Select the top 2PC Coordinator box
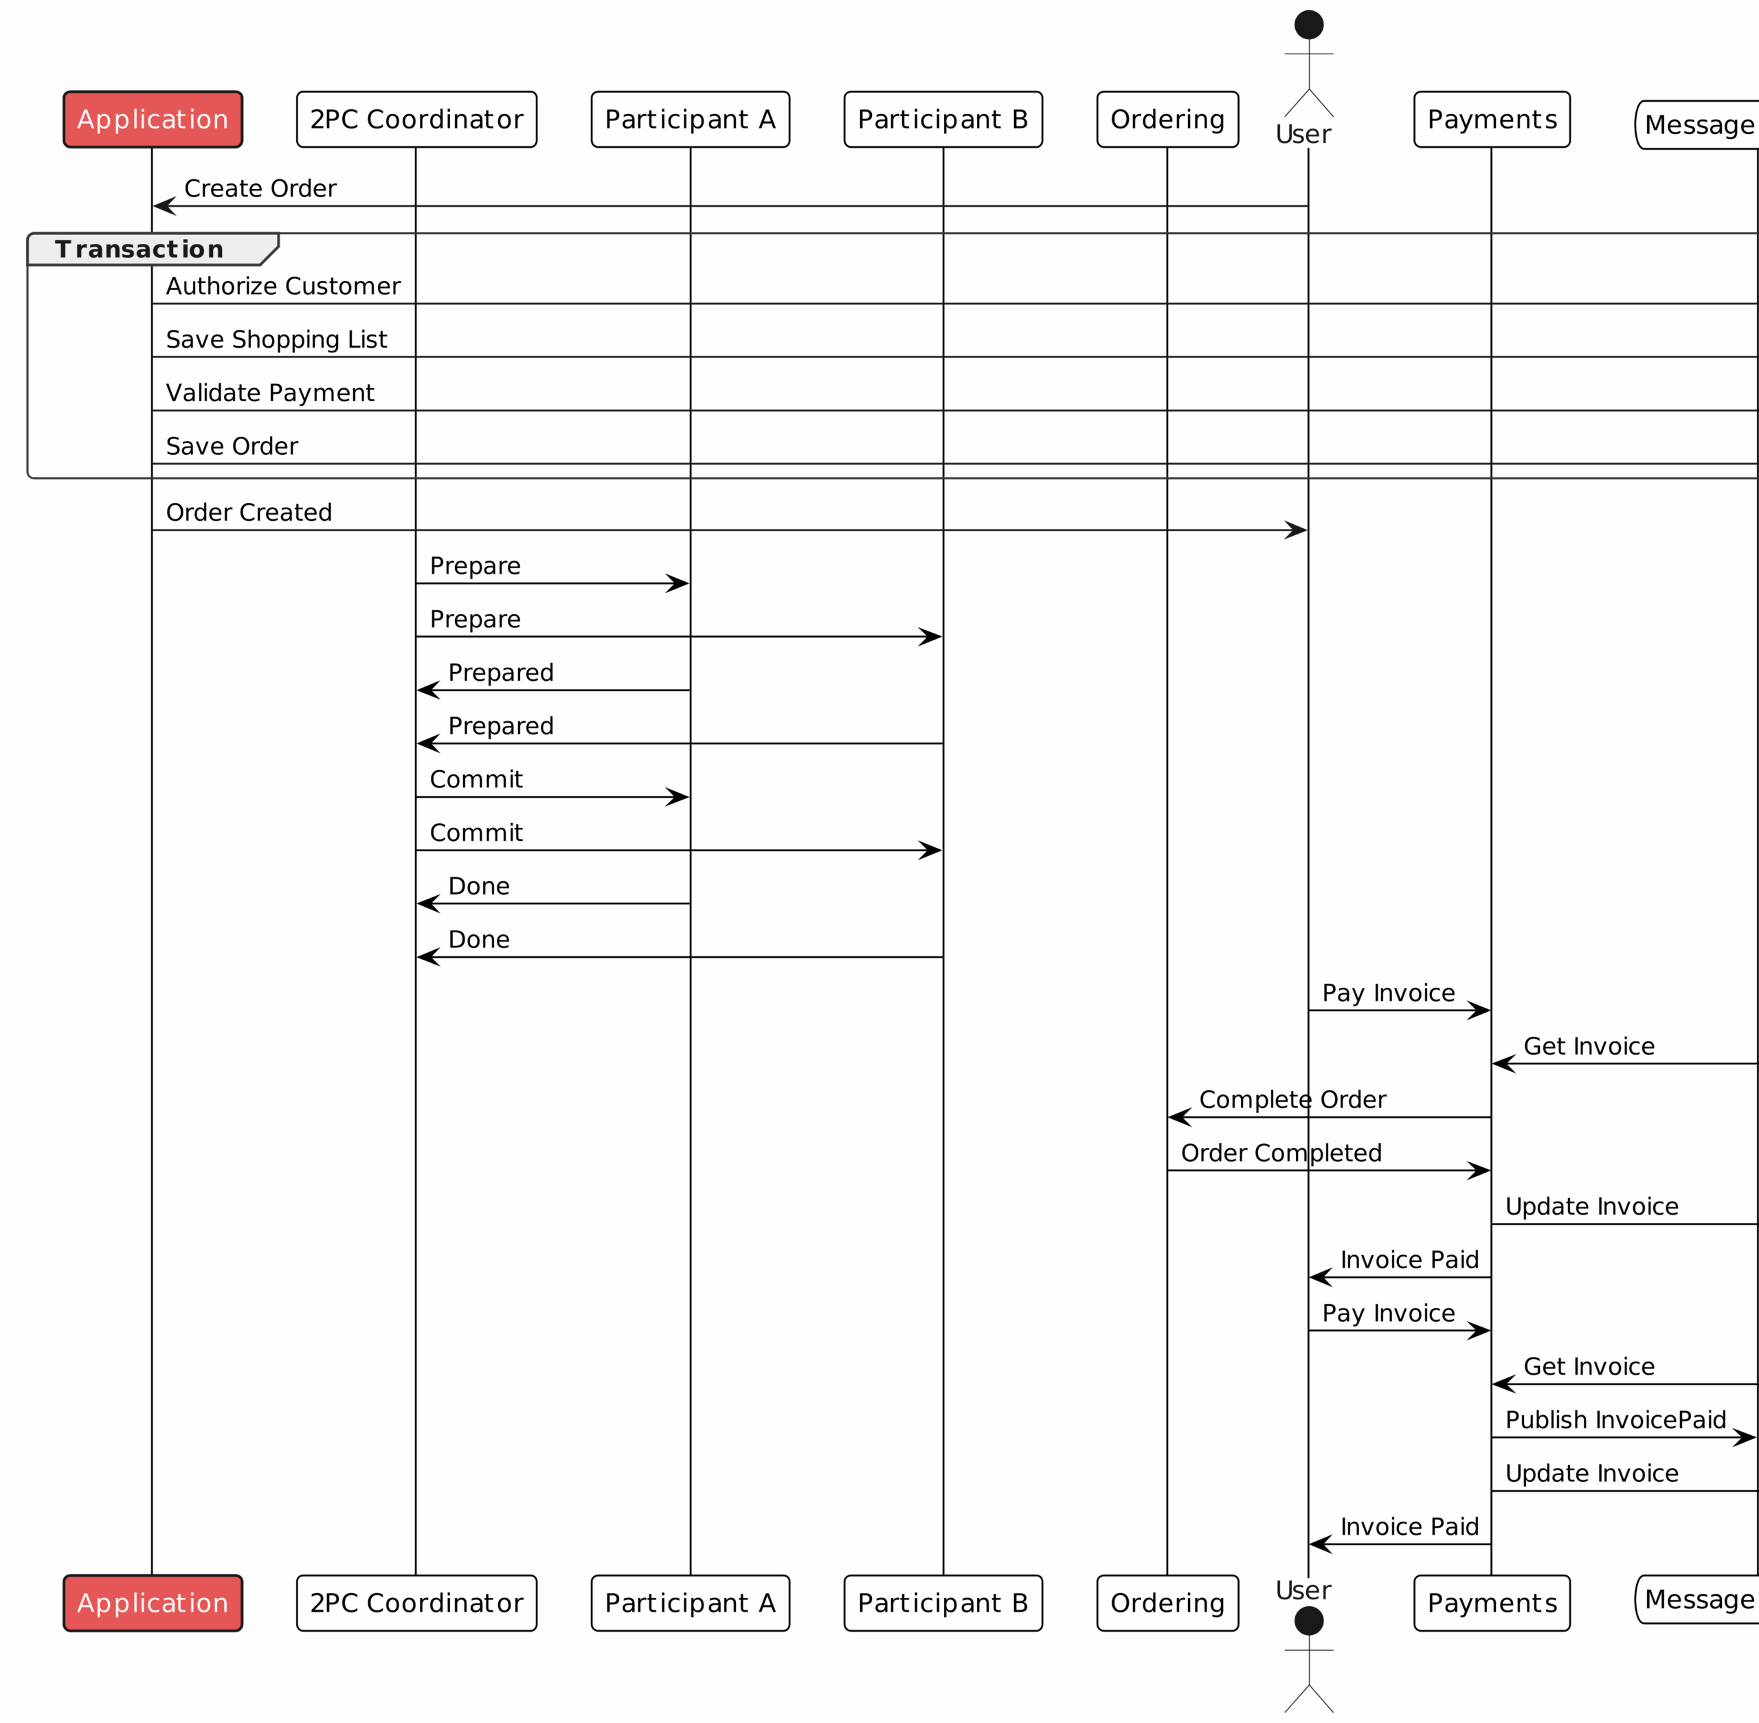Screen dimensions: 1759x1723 (416, 120)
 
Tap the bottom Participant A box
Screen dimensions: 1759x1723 (690, 1603)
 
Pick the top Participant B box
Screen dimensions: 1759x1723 (943, 120)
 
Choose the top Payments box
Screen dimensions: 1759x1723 (1492, 120)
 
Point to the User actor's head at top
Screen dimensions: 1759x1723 (1309, 25)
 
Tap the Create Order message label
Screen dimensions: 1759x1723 (260, 188)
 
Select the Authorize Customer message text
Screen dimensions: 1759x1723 (282, 286)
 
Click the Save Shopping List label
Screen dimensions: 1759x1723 (276, 339)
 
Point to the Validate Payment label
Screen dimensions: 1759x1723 (270, 393)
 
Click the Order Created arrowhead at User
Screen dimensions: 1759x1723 (1297, 530)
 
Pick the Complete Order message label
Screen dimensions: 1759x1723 (1292, 1099)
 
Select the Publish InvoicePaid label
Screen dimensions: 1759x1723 (1615, 1420)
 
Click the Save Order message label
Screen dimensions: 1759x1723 (232, 446)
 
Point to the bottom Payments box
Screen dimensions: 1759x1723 (1492, 1603)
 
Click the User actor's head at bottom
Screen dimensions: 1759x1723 (1309, 1621)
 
